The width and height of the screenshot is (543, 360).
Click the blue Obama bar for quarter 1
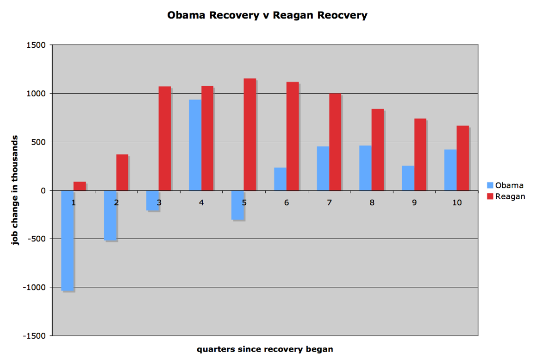[68, 240]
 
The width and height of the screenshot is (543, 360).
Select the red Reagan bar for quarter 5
[250, 134]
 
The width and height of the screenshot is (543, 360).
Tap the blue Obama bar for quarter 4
[195, 145]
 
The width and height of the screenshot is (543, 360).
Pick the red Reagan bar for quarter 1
[80, 186]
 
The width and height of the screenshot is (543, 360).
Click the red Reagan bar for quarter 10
[462, 158]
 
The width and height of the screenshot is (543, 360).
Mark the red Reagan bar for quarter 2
[122, 172]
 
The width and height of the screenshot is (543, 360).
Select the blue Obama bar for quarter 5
[237, 205]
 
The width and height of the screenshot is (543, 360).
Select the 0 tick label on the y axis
[43, 190]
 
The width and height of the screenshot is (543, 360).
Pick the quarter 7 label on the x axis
[329, 202]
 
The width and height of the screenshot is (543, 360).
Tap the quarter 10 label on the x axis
[456, 202]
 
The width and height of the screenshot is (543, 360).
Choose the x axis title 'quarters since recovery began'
[264, 349]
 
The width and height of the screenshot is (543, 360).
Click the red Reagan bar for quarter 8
[377, 150]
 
